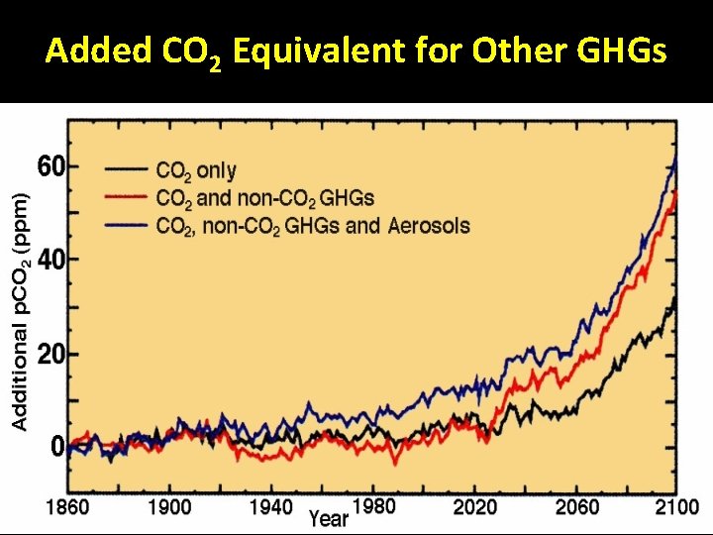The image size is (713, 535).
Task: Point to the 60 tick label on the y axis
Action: coord(51,166)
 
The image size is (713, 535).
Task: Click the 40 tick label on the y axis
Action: coord(51,260)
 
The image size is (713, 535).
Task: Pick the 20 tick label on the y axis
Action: coord(51,354)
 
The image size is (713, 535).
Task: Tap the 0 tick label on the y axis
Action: coord(56,447)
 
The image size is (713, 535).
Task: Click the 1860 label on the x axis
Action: coord(66,507)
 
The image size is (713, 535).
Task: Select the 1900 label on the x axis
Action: coord(169,507)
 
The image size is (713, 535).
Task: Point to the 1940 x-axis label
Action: coord(270,507)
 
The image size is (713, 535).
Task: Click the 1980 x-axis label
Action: coord(373,506)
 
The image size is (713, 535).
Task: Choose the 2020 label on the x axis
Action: coord(476,507)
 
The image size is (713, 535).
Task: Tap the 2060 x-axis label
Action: coord(577,507)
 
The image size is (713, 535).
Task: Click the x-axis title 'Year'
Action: coord(328,517)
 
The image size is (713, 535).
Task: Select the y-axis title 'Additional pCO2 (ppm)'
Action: coord(20,310)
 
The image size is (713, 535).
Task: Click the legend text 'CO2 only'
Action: coord(196,171)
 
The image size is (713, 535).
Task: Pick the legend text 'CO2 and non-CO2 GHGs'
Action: coord(264,198)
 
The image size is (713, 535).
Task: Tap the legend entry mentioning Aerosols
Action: coord(313,225)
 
